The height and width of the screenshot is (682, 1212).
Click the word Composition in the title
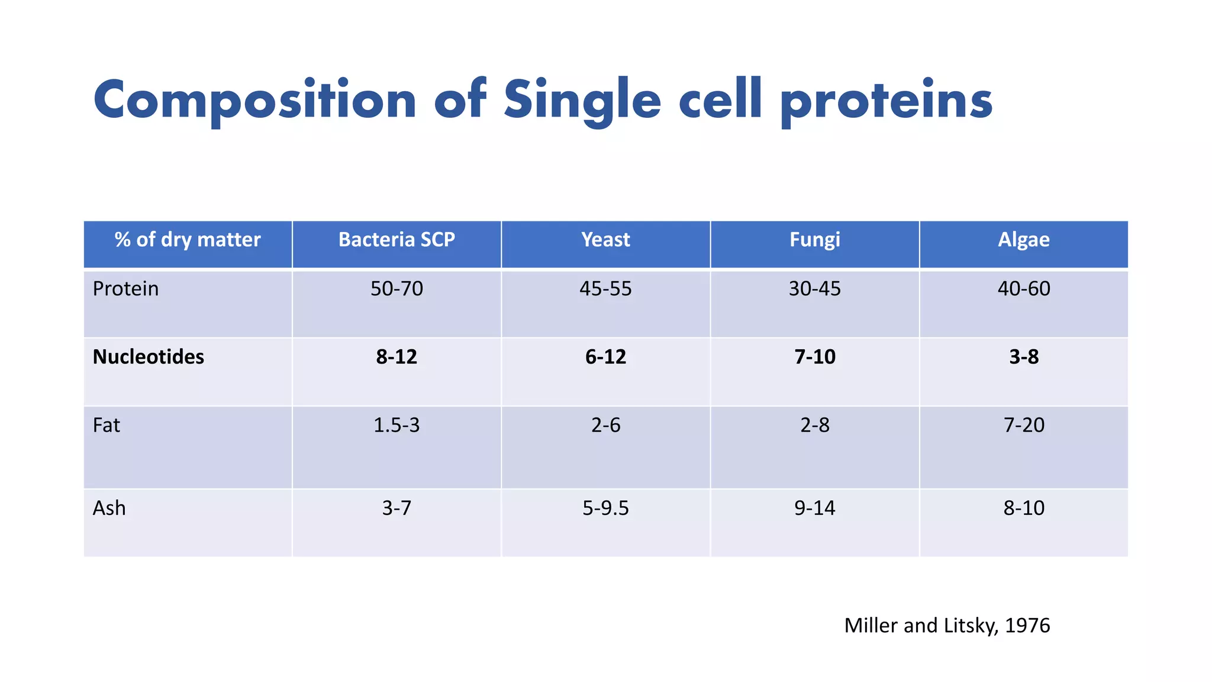tap(254, 101)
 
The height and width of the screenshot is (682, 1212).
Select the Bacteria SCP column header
tap(397, 240)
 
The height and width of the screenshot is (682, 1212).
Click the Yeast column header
tap(605, 240)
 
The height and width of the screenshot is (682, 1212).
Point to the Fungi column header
tap(814, 240)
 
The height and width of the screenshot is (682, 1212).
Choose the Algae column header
tap(1023, 240)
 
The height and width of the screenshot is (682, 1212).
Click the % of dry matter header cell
tap(188, 240)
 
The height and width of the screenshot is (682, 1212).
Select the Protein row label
tap(126, 289)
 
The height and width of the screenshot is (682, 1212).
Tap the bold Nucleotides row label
tap(149, 357)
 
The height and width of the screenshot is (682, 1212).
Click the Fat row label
tap(107, 425)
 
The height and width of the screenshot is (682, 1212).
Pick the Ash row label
tap(109, 508)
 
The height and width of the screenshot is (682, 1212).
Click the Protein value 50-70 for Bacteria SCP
tap(397, 289)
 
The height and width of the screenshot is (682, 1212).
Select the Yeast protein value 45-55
tap(605, 289)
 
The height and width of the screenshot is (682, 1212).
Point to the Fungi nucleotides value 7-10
tap(814, 357)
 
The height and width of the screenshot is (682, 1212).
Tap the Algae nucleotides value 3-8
tap(1023, 357)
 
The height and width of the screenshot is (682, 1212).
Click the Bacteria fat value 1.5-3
tap(397, 425)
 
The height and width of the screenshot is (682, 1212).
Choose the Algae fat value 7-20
tap(1023, 425)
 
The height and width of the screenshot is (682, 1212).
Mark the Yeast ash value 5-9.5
tap(605, 508)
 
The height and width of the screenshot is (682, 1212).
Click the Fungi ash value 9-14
tap(814, 508)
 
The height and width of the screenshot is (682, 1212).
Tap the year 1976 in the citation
tap(1027, 626)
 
